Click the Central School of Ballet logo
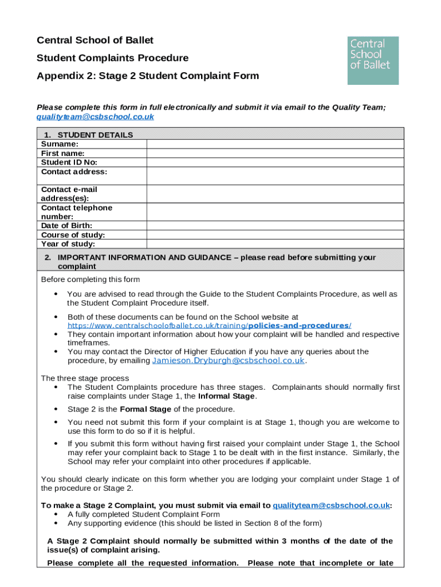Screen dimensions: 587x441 (x=373, y=61)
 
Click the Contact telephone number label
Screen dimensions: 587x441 (x=77, y=212)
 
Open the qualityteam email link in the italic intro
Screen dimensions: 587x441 (x=95, y=116)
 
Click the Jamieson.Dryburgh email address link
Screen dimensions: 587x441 (x=228, y=361)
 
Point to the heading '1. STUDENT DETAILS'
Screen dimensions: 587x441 (x=87, y=135)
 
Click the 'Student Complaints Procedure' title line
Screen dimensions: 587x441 (x=112, y=58)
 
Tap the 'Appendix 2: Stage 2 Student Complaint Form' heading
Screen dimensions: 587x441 (x=148, y=76)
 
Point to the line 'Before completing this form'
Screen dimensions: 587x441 (x=90, y=280)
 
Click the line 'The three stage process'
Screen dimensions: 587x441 (x=85, y=378)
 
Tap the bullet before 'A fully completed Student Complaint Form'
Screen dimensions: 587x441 (x=56, y=514)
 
